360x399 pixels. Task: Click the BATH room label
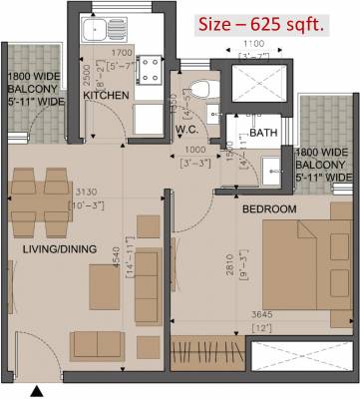pos(264,132)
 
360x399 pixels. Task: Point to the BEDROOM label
pos(269,208)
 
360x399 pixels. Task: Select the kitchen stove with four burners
pos(153,69)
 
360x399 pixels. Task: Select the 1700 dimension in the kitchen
pos(123,51)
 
